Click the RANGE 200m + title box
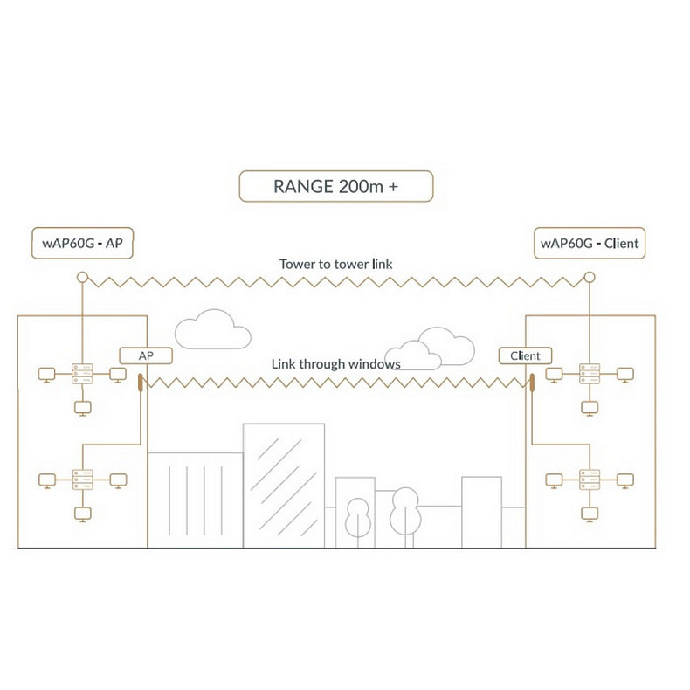point(336,187)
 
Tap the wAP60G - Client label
point(590,243)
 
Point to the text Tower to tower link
point(336,263)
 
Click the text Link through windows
point(335,363)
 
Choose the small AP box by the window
point(146,355)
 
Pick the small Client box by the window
point(525,355)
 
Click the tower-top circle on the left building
point(82,278)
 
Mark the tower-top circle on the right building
point(590,278)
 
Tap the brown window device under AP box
point(140,382)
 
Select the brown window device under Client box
point(529,382)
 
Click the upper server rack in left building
point(81,374)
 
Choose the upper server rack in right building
point(590,374)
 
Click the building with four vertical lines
point(195,498)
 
